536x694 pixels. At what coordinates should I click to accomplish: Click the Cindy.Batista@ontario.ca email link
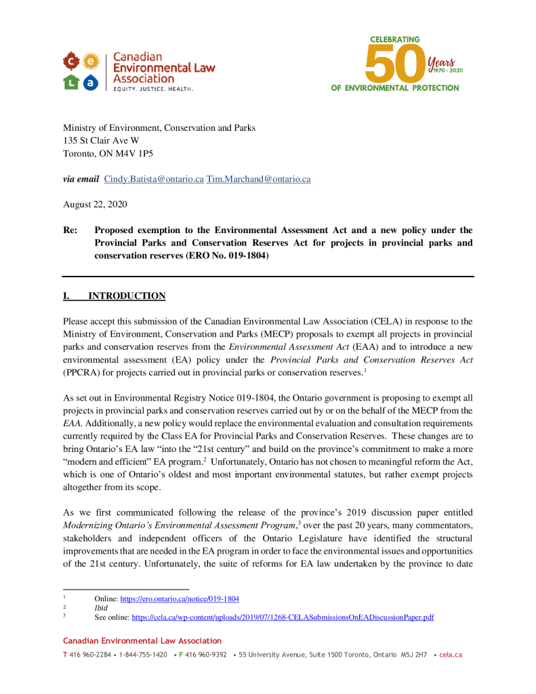pyautogui.click(x=154, y=180)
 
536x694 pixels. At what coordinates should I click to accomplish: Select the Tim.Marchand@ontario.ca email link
pyautogui.click(x=258, y=180)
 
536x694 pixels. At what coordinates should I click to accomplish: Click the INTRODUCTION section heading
pyautogui.click(x=127, y=296)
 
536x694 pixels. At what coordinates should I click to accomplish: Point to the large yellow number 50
pyautogui.click(x=395, y=64)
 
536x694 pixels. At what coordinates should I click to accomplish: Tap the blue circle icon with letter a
pyautogui.click(x=91, y=82)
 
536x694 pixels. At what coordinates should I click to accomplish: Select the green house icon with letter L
pyautogui.click(x=72, y=82)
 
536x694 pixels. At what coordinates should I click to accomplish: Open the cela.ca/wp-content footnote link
pyautogui.click(x=283, y=617)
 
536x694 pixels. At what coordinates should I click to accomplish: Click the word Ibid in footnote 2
pyautogui.click(x=101, y=609)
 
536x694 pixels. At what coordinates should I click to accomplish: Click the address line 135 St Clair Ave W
pyautogui.click(x=102, y=141)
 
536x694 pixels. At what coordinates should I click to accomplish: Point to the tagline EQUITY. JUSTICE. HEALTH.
pyautogui.click(x=152, y=89)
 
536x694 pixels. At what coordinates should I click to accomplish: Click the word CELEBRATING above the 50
pyautogui.click(x=395, y=39)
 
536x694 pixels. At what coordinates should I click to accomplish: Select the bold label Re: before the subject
pyautogui.click(x=70, y=230)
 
